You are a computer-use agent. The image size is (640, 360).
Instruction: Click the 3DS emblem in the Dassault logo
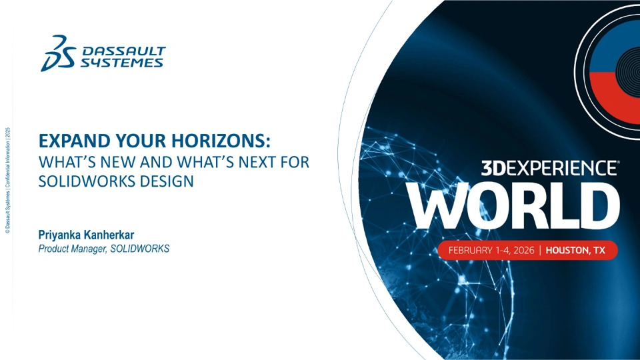(58, 53)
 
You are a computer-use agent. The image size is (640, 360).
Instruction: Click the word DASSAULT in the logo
(124, 51)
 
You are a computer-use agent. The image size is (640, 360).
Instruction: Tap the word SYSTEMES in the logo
(121, 63)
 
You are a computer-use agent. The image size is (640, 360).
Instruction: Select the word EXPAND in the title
(74, 141)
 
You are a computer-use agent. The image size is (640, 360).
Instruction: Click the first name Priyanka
(59, 235)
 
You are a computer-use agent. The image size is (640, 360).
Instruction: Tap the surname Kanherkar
(109, 235)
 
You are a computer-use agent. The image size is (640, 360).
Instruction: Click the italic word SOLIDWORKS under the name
(139, 249)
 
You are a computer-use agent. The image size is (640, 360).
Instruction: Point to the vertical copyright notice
(7, 181)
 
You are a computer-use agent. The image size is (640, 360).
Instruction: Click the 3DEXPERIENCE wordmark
(550, 168)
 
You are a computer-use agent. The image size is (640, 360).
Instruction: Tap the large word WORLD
(513, 205)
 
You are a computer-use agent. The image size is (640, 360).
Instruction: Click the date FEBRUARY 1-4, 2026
(491, 250)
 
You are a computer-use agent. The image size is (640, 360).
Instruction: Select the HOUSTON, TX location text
(575, 250)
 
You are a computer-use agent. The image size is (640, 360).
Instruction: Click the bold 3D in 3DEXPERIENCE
(494, 168)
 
